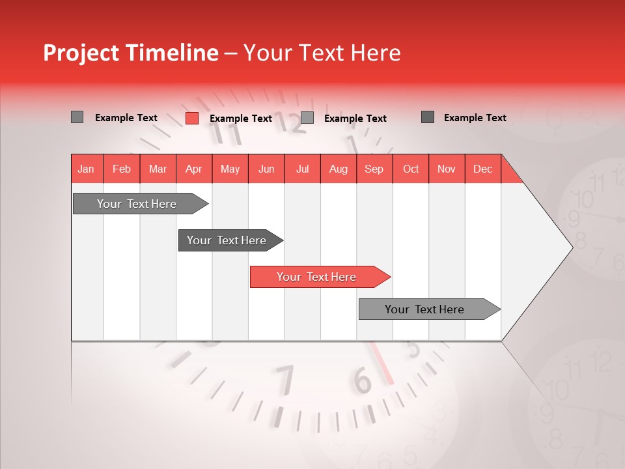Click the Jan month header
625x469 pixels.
pyautogui.click(x=87, y=169)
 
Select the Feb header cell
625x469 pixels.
pyautogui.click(x=122, y=169)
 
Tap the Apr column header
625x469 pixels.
pyautogui.click(x=194, y=169)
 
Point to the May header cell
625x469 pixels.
pyautogui.click(x=230, y=169)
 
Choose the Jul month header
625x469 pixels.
pyautogui.click(x=302, y=169)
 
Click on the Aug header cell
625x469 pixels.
pyautogui.click(x=339, y=169)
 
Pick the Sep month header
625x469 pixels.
pyautogui.click(x=374, y=169)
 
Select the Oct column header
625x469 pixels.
pyautogui.click(x=411, y=169)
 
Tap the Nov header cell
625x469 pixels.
pyautogui.click(x=447, y=169)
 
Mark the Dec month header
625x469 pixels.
pyautogui.click(x=483, y=169)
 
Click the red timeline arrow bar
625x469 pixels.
pyautogui.click(x=319, y=277)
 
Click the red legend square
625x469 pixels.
pyautogui.click(x=192, y=118)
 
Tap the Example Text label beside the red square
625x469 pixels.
pyautogui.click(x=241, y=119)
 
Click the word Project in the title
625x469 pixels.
pyautogui.click(x=83, y=53)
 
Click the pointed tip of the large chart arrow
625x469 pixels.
pyautogui.click(x=571, y=247)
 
